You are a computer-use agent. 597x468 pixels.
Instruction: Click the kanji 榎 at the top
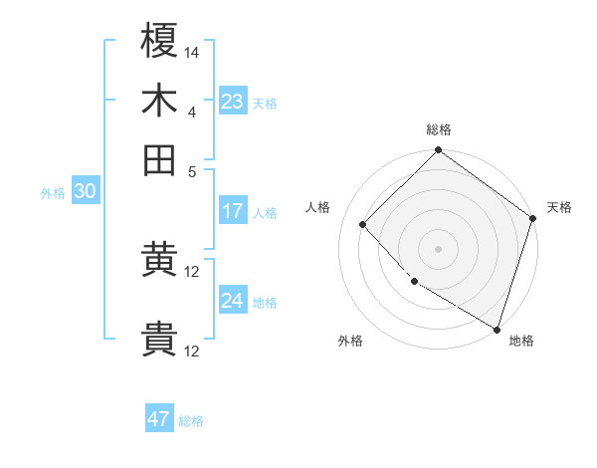click(159, 41)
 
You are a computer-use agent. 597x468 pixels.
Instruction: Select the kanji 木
click(159, 102)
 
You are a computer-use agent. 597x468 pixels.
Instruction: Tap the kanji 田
click(159, 158)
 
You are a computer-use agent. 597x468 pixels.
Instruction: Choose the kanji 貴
click(159, 340)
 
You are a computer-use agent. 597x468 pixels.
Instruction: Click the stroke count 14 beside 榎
click(192, 51)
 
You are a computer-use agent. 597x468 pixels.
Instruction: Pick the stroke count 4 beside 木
click(192, 112)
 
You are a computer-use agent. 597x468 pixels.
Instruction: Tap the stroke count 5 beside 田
click(192, 170)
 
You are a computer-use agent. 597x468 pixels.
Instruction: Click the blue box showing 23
click(233, 102)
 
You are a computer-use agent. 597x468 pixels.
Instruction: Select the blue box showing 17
click(233, 211)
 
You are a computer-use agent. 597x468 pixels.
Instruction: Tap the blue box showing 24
click(233, 301)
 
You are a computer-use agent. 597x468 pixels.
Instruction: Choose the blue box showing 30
click(85, 192)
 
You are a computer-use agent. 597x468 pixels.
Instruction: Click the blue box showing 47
click(159, 419)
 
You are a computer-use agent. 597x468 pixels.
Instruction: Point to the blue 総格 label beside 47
click(192, 421)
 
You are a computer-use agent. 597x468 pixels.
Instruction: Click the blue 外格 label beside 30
click(53, 193)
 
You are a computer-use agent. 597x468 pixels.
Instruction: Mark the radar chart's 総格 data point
click(438, 151)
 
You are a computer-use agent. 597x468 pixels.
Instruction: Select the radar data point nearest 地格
click(497, 328)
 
